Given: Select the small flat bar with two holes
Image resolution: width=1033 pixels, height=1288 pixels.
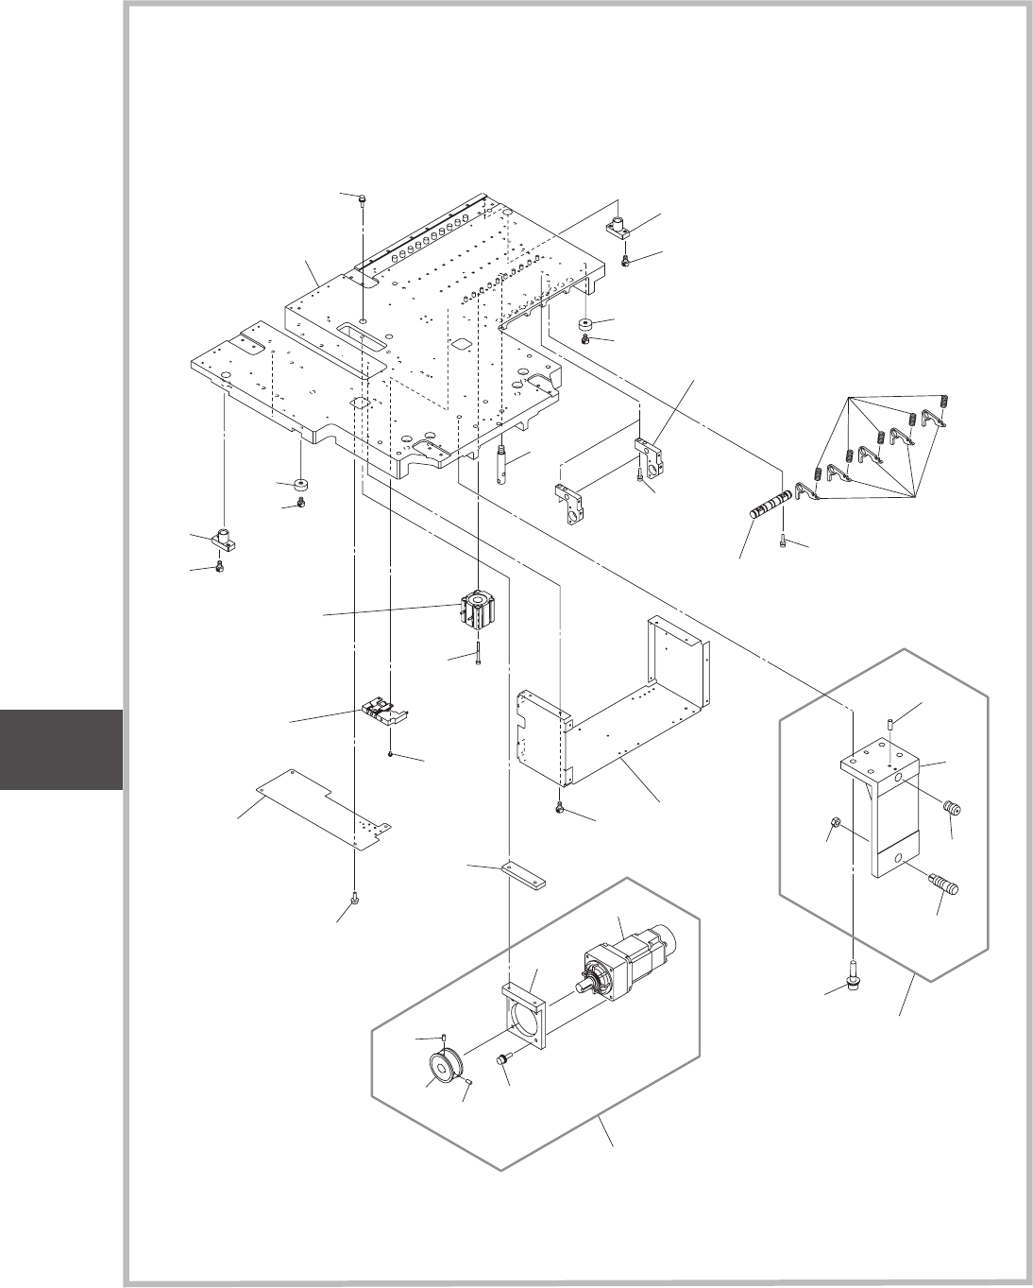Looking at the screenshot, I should pos(526,874).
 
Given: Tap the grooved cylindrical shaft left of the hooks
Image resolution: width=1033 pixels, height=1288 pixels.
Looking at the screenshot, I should pos(770,506).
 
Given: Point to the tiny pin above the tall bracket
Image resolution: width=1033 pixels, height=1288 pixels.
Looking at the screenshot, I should pos(890,724).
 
